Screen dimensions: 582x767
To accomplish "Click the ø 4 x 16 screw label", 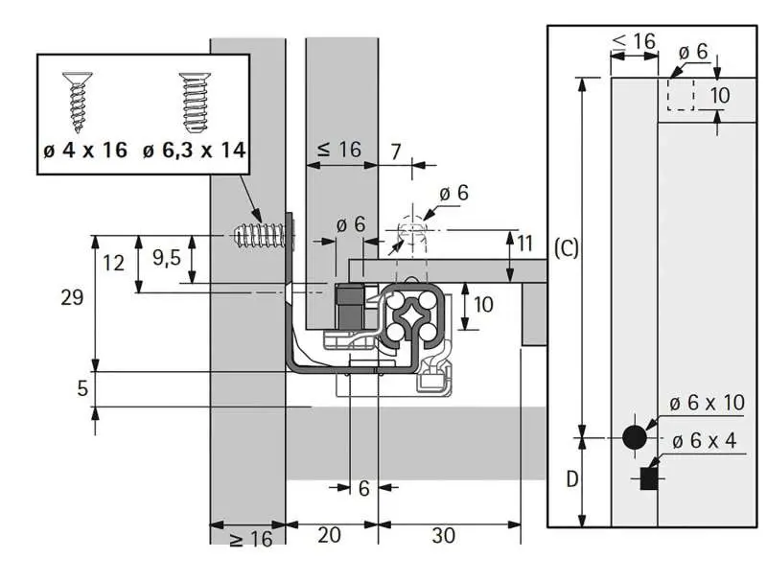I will point(85,151).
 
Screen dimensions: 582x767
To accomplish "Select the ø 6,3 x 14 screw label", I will point(194,151).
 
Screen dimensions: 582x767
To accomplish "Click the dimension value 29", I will point(70,298).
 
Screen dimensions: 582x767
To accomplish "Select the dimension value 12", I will point(114,262).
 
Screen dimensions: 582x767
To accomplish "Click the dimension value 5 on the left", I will point(81,388).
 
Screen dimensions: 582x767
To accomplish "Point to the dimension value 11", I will point(524,243).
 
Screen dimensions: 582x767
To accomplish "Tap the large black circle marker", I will point(634,437).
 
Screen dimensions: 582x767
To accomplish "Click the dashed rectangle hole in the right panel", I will point(679,94).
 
